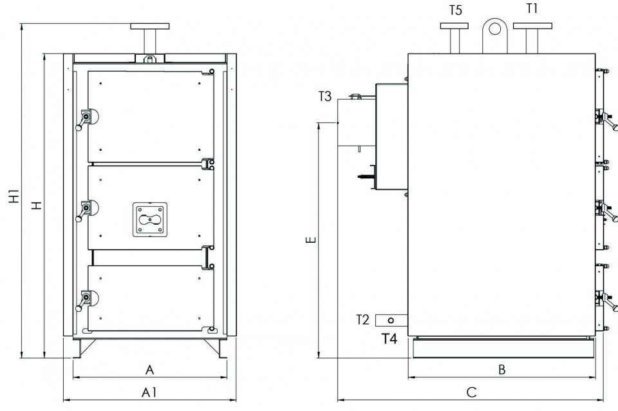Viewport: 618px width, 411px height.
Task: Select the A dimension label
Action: click(x=150, y=370)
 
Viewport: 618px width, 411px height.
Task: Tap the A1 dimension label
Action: click(x=150, y=392)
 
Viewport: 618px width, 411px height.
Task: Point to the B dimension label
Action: click(x=502, y=370)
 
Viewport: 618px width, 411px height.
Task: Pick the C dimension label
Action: click(x=471, y=392)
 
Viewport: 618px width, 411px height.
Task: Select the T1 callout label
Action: click(x=532, y=9)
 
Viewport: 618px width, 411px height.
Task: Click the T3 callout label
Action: click(x=326, y=97)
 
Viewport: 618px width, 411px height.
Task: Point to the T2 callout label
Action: click(x=362, y=320)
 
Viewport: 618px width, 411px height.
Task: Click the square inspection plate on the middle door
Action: click(x=150, y=220)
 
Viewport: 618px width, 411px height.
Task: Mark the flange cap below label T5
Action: click(x=454, y=26)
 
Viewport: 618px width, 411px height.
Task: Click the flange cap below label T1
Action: click(x=532, y=26)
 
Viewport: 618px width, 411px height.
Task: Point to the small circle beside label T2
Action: click(x=391, y=320)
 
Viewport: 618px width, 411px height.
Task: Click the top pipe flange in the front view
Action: click(x=150, y=26)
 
